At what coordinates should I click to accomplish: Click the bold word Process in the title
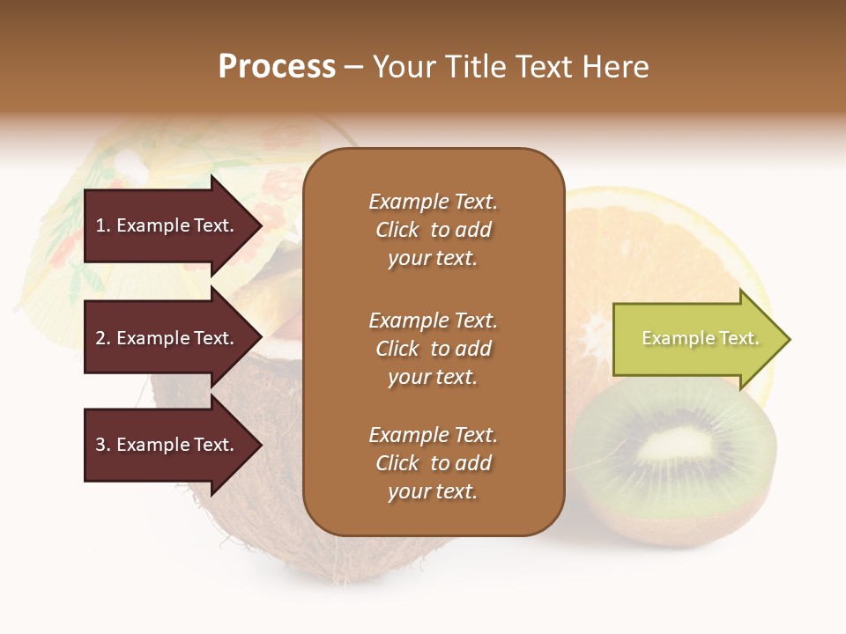(277, 67)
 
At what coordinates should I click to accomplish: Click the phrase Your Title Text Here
(510, 67)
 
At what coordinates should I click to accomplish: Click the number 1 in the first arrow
(100, 226)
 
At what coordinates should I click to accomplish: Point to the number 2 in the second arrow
(100, 339)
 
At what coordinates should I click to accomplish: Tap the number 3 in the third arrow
(100, 446)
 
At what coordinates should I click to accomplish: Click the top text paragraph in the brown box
(433, 230)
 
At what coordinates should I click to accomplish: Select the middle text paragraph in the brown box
(433, 349)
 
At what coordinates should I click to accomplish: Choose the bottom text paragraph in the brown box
(433, 463)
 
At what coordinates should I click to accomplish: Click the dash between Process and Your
(354, 68)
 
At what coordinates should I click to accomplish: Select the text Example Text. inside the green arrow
(700, 339)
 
